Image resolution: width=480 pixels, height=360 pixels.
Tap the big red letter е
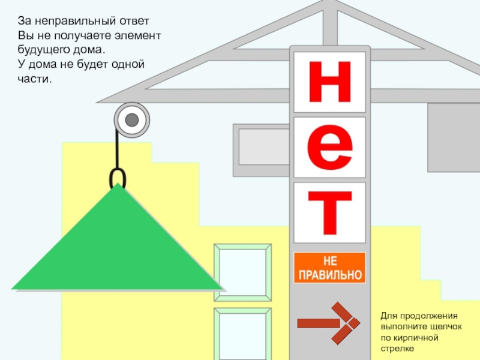[329, 147]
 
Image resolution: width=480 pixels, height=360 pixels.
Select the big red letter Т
[329, 212]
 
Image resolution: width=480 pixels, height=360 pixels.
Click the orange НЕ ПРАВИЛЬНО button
[329, 268]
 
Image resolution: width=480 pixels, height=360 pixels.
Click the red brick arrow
[329, 323]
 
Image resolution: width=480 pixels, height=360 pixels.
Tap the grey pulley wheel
[132, 121]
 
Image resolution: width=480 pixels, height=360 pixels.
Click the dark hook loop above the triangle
[118, 178]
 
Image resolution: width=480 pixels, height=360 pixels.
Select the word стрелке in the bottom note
[397, 348]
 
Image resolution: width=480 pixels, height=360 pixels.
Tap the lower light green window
[242, 333]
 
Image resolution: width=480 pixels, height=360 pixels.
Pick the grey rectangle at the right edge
[454, 129]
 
